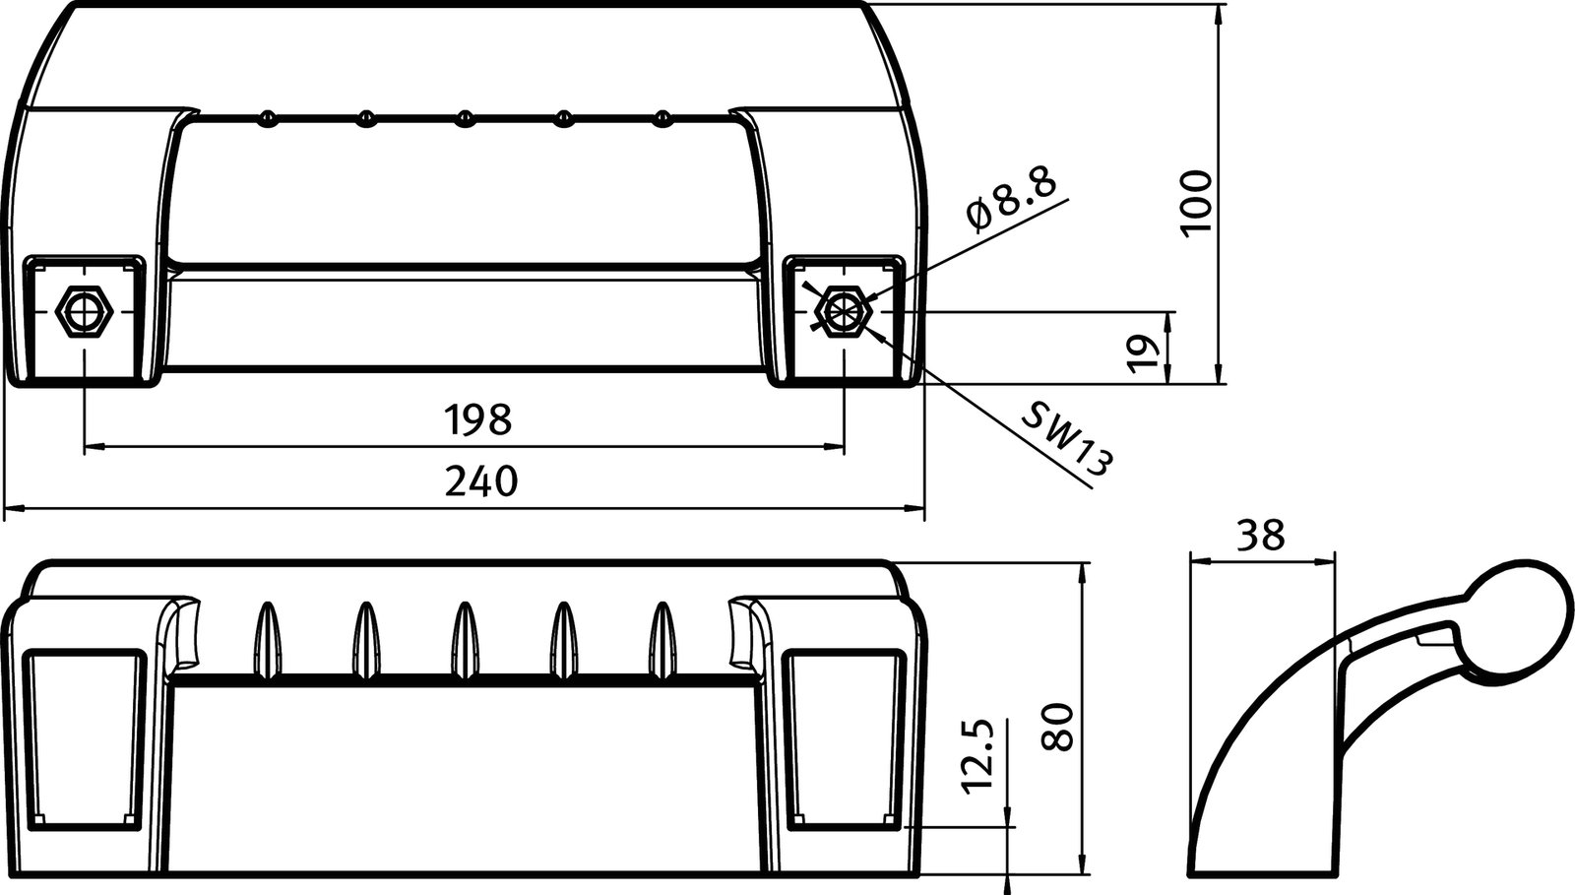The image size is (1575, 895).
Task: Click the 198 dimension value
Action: [478, 419]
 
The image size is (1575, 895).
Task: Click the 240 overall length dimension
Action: [481, 481]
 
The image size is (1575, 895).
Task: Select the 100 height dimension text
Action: [1197, 204]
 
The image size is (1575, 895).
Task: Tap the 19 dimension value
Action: [1142, 353]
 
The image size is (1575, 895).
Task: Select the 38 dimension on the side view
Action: [1261, 535]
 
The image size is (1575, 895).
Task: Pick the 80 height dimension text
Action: [1056, 728]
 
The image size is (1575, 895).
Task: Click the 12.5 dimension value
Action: [978, 756]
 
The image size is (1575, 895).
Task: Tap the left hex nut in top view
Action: [85, 311]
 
